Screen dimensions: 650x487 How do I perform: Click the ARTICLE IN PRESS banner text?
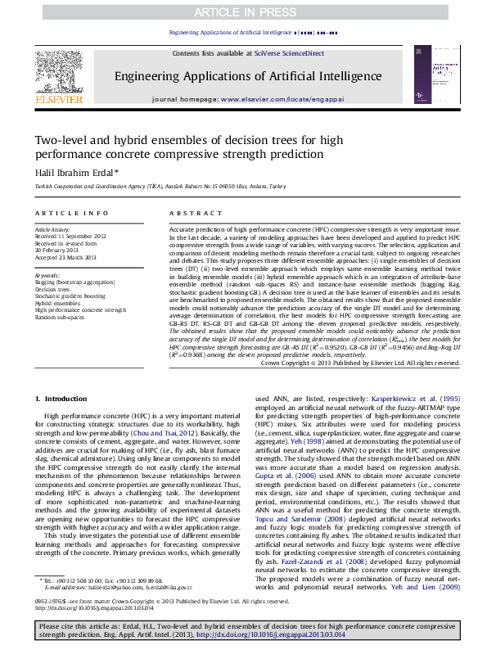click(x=243, y=12)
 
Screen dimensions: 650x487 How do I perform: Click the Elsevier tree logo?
click(x=59, y=74)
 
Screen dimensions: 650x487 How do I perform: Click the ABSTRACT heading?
click(x=185, y=213)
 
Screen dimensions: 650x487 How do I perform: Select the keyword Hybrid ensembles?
click(x=57, y=303)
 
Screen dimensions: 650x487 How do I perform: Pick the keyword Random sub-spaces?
click(x=60, y=317)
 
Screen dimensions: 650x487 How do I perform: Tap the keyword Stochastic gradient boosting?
click(x=70, y=296)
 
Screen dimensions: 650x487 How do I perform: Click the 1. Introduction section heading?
click(x=62, y=399)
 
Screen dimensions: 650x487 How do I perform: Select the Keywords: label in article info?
click(x=48, y=276)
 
